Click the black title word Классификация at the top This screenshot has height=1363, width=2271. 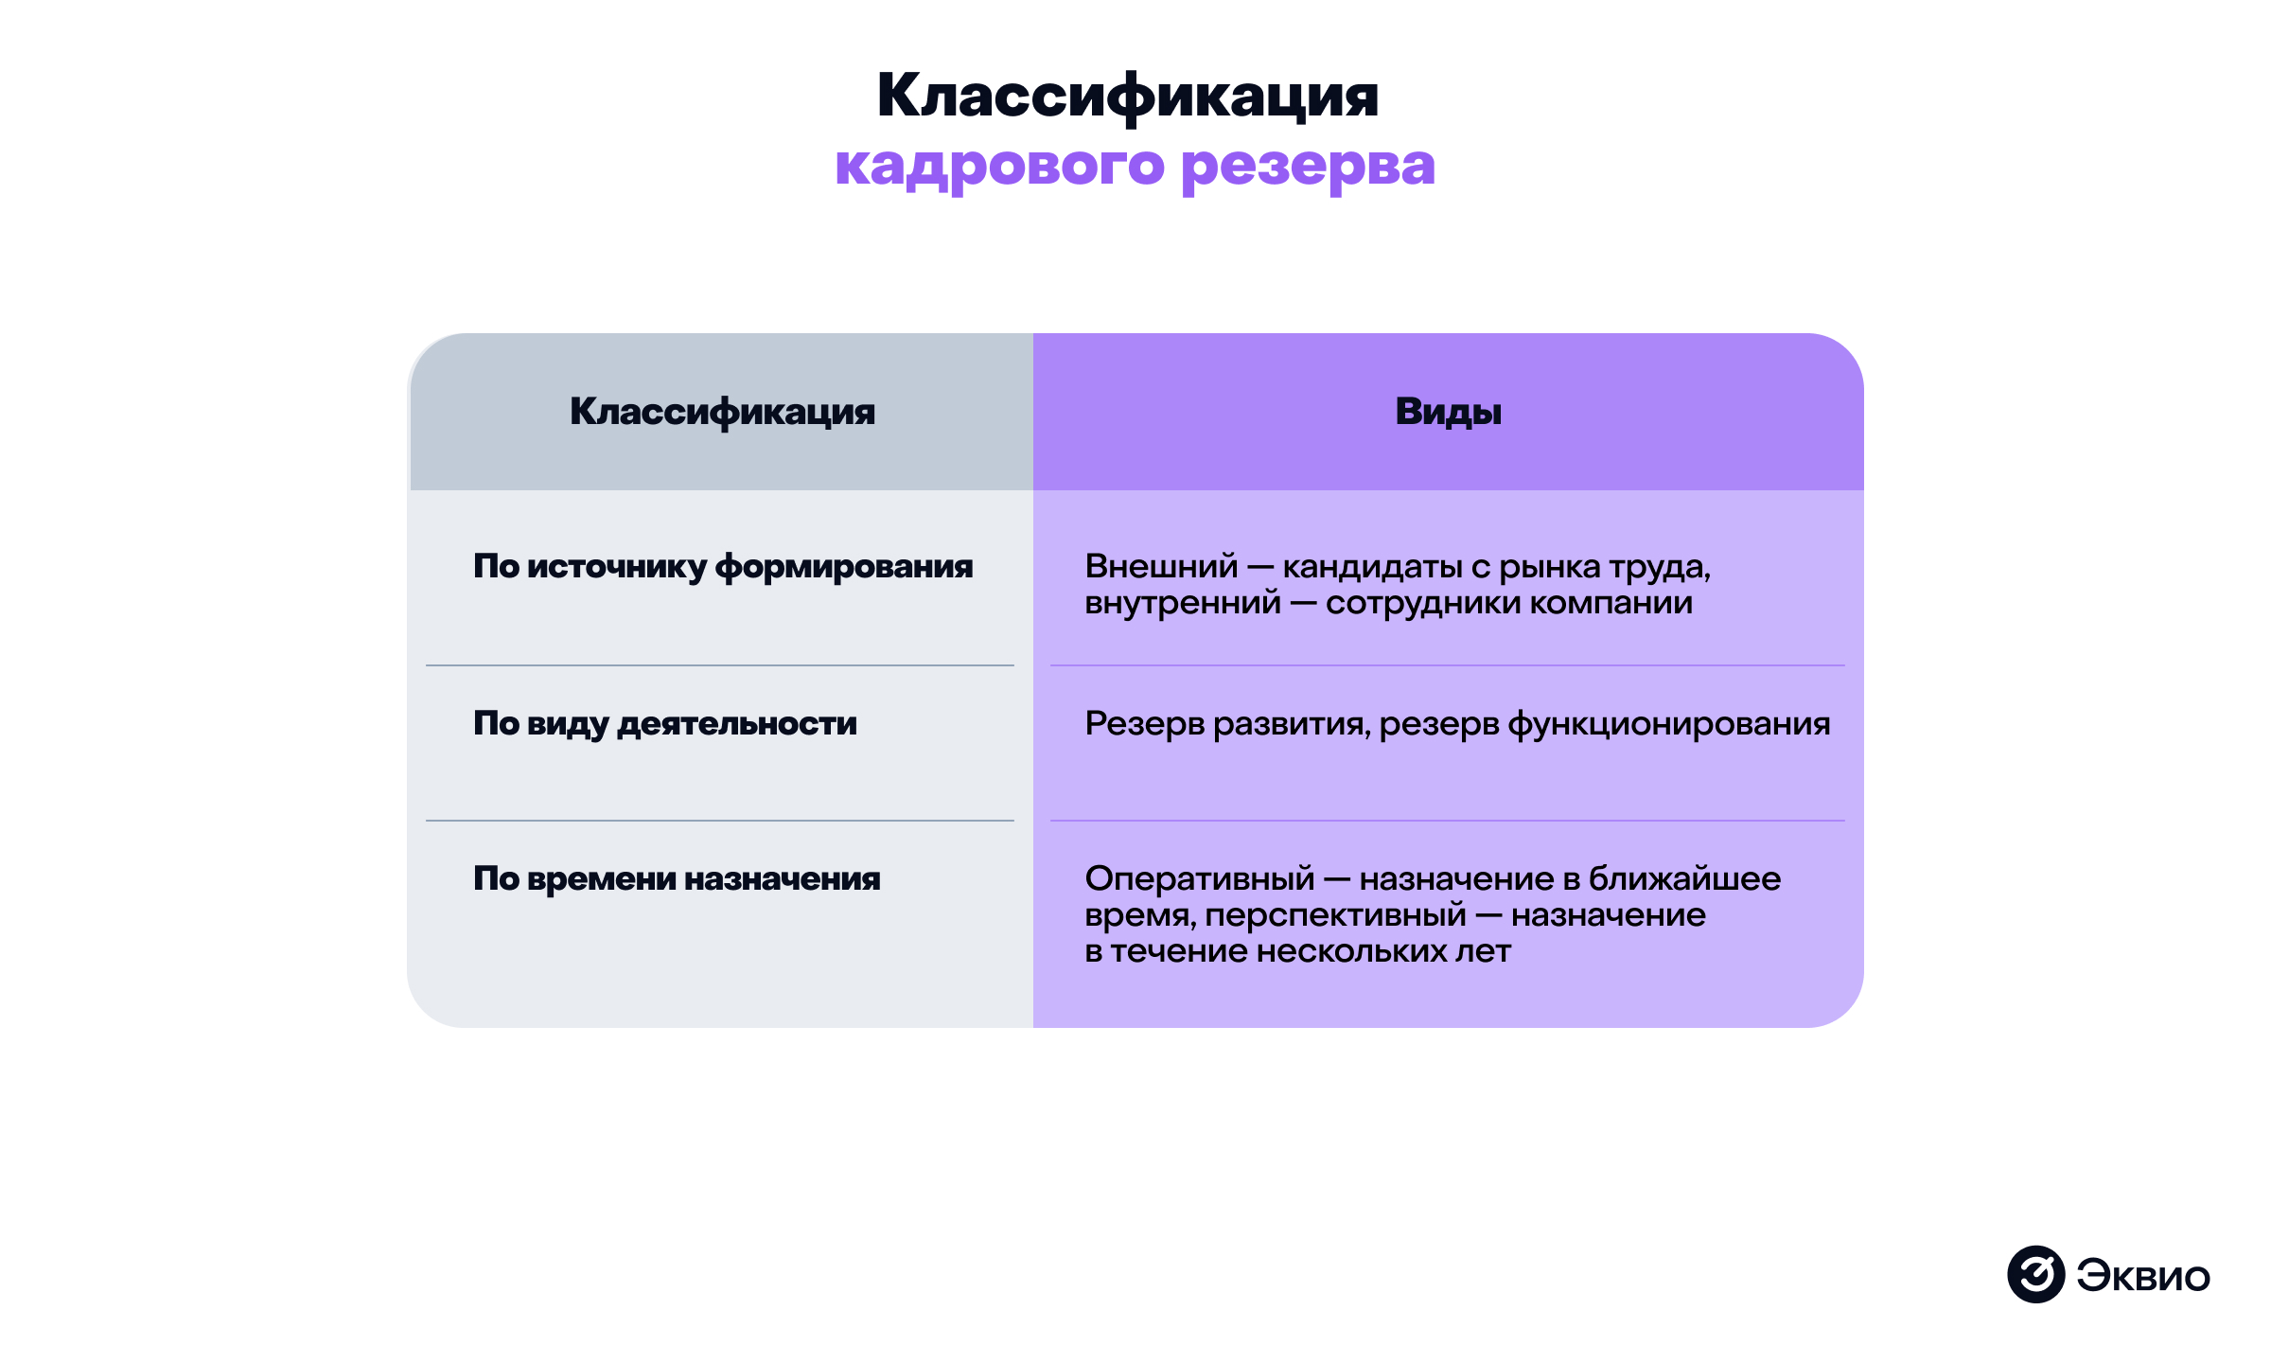(x=1128, y=97)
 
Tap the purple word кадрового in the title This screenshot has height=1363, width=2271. (x=999, y=167)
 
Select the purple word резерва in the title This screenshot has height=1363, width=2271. (x=1309, y=167)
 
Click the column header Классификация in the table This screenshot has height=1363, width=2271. (x=722, y=413)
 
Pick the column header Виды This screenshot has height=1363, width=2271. (x=1448, y=413)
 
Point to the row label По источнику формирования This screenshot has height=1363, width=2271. (x=723, y=567)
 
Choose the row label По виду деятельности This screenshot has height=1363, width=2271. (x=665, y=724)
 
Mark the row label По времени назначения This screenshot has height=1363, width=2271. (x=677, y=878)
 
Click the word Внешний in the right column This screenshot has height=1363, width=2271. (x=1161, y=566)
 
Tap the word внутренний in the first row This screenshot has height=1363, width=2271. (x=1183, y=603)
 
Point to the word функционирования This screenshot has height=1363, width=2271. (x=1669, y=724)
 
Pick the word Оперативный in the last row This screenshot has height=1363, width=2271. (x=1200, y=879)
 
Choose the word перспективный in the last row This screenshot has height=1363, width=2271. (x=1336, y=915)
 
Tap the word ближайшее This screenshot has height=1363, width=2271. (x=1685, y=878)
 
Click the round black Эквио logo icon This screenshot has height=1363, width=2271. (x=2036, y=1274)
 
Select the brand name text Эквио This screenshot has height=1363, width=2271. (x=2144, y=1276)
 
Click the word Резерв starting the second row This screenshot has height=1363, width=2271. (x=1145, y=724)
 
